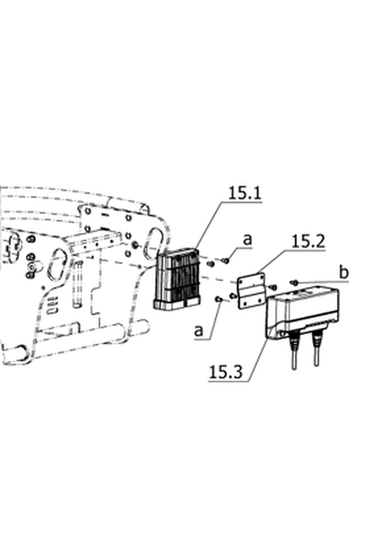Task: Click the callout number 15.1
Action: pyautogui.click(x=245, y=193)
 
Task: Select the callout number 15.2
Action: pyautogui.click(x=308, y=242)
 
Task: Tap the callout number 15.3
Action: pyautogui.click(x=225, y=372)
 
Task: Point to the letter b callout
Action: pyautogui.click(x=345, y=273)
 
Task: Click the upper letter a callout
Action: pyautogui.click(x=248, y=240)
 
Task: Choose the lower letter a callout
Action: pyautogui.click(x=199, y=331)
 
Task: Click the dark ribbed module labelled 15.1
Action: pyautogui.click(x=177, y=279)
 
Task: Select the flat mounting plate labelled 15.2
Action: pyautogui.click(x=252, y=292)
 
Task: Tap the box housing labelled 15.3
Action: pyautogui.click(x=302, y=313)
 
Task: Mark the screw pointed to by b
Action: pyautogui.click(x=295, y=282)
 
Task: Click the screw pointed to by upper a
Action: pyautogui.click(x=225, y=261)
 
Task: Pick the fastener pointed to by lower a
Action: pyautogui.click(x=218, y=299)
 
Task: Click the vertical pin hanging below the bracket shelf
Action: pyautogui.click(x=78, y=285)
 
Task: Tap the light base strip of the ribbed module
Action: pyautogui.click(x=177, y=304)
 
